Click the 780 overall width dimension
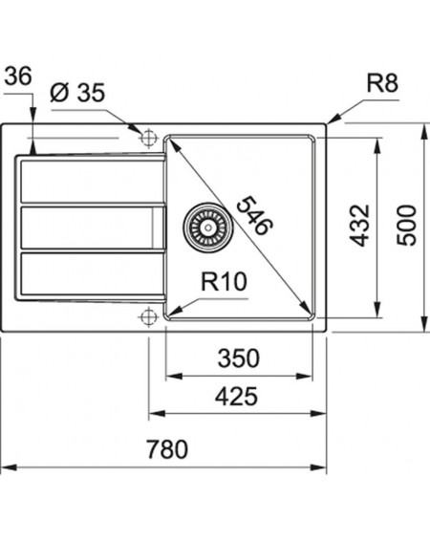click(167, 448)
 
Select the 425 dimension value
click(236, 396)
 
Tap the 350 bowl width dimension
click(239, 358)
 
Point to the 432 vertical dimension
click(360, 226)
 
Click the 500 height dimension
click(407, 226)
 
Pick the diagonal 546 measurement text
click(255, 215)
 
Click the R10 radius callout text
click(224, 282)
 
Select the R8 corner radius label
click(382, 83)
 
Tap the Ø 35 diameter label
click(77, 93)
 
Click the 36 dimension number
click(18, 76)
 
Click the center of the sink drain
click(208, 228)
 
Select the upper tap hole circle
click(149, 139)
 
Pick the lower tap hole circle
click(149, 316)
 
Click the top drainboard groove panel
click(92, 182)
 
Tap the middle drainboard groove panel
click(92, 228)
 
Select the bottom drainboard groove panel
click(92, 274)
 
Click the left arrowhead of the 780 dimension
click(9, 467)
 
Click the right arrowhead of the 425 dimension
click(319, 413)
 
